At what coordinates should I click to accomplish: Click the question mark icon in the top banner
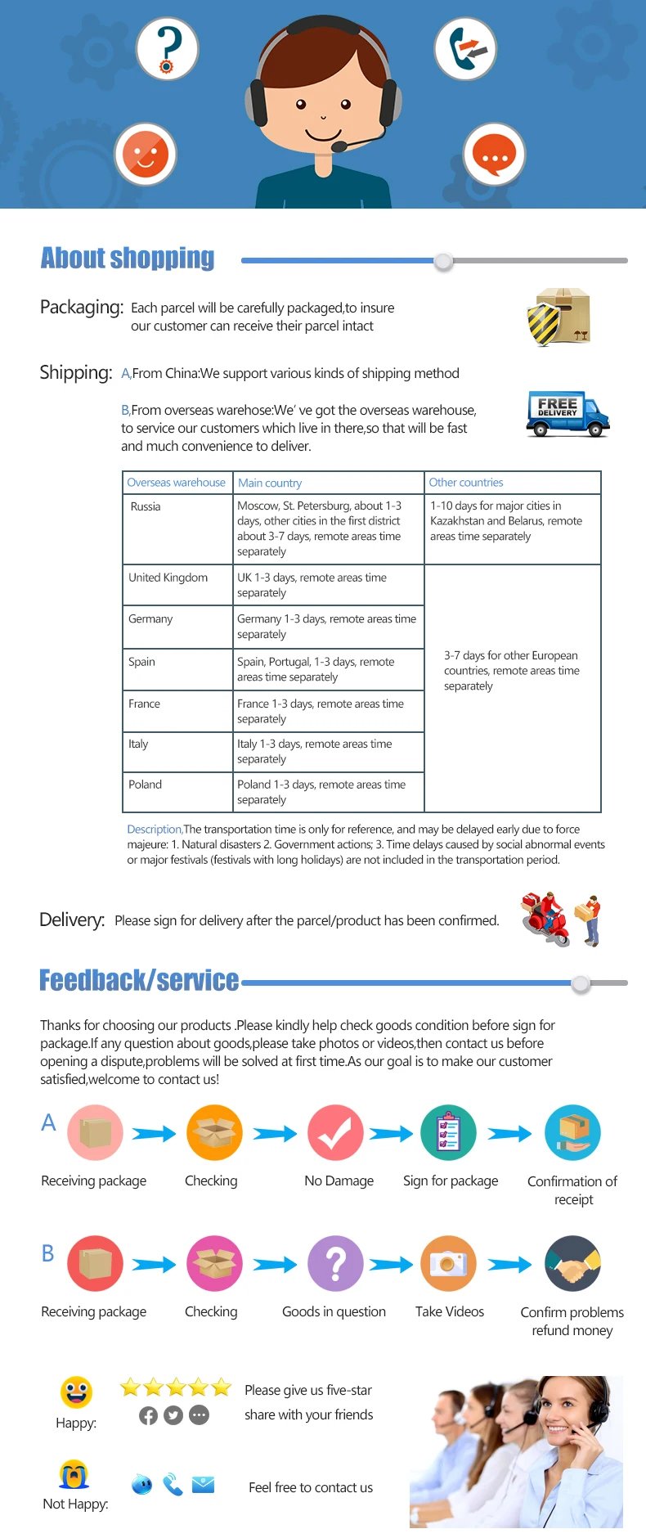(x=167, y=48)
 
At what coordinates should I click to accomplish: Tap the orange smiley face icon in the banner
(x=146, y=154)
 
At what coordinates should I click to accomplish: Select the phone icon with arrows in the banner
(x=465, y=48)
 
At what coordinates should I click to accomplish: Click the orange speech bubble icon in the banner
(x=494, y=154)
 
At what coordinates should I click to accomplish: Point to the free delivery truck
(x=567, y=414)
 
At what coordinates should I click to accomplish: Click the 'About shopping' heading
(x=128, y=259)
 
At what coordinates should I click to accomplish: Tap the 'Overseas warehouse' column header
(x=176, y=483)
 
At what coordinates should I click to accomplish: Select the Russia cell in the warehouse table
(x=146, y=506)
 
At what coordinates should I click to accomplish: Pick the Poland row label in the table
(x=146, y=785)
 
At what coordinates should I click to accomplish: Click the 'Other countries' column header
(x=466, y=483)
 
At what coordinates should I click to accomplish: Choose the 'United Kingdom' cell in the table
(x=168, y=578)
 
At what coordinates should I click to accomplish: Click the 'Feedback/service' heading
(x=139, y=980)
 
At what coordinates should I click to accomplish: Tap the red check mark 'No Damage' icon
(x=335, y=1133)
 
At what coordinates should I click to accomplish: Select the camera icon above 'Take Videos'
(x=448, y=1264)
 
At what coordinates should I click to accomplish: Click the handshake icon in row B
(x=572, y=1264)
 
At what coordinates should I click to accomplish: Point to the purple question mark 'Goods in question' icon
(x=335, y=1264)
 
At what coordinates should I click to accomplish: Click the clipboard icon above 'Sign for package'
(x=448, y=1133)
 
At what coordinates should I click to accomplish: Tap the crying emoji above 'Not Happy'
(x=74, y=1474)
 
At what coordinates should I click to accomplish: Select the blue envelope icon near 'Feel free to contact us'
(x=203, y=1484)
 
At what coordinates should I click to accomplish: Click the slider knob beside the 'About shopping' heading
(x=443, y=261)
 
